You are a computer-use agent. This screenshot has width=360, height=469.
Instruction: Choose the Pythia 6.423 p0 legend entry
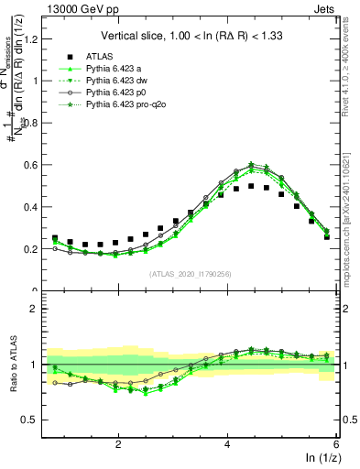pos(118,93)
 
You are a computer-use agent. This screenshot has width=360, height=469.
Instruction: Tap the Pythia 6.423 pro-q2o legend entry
pos(126,104)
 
